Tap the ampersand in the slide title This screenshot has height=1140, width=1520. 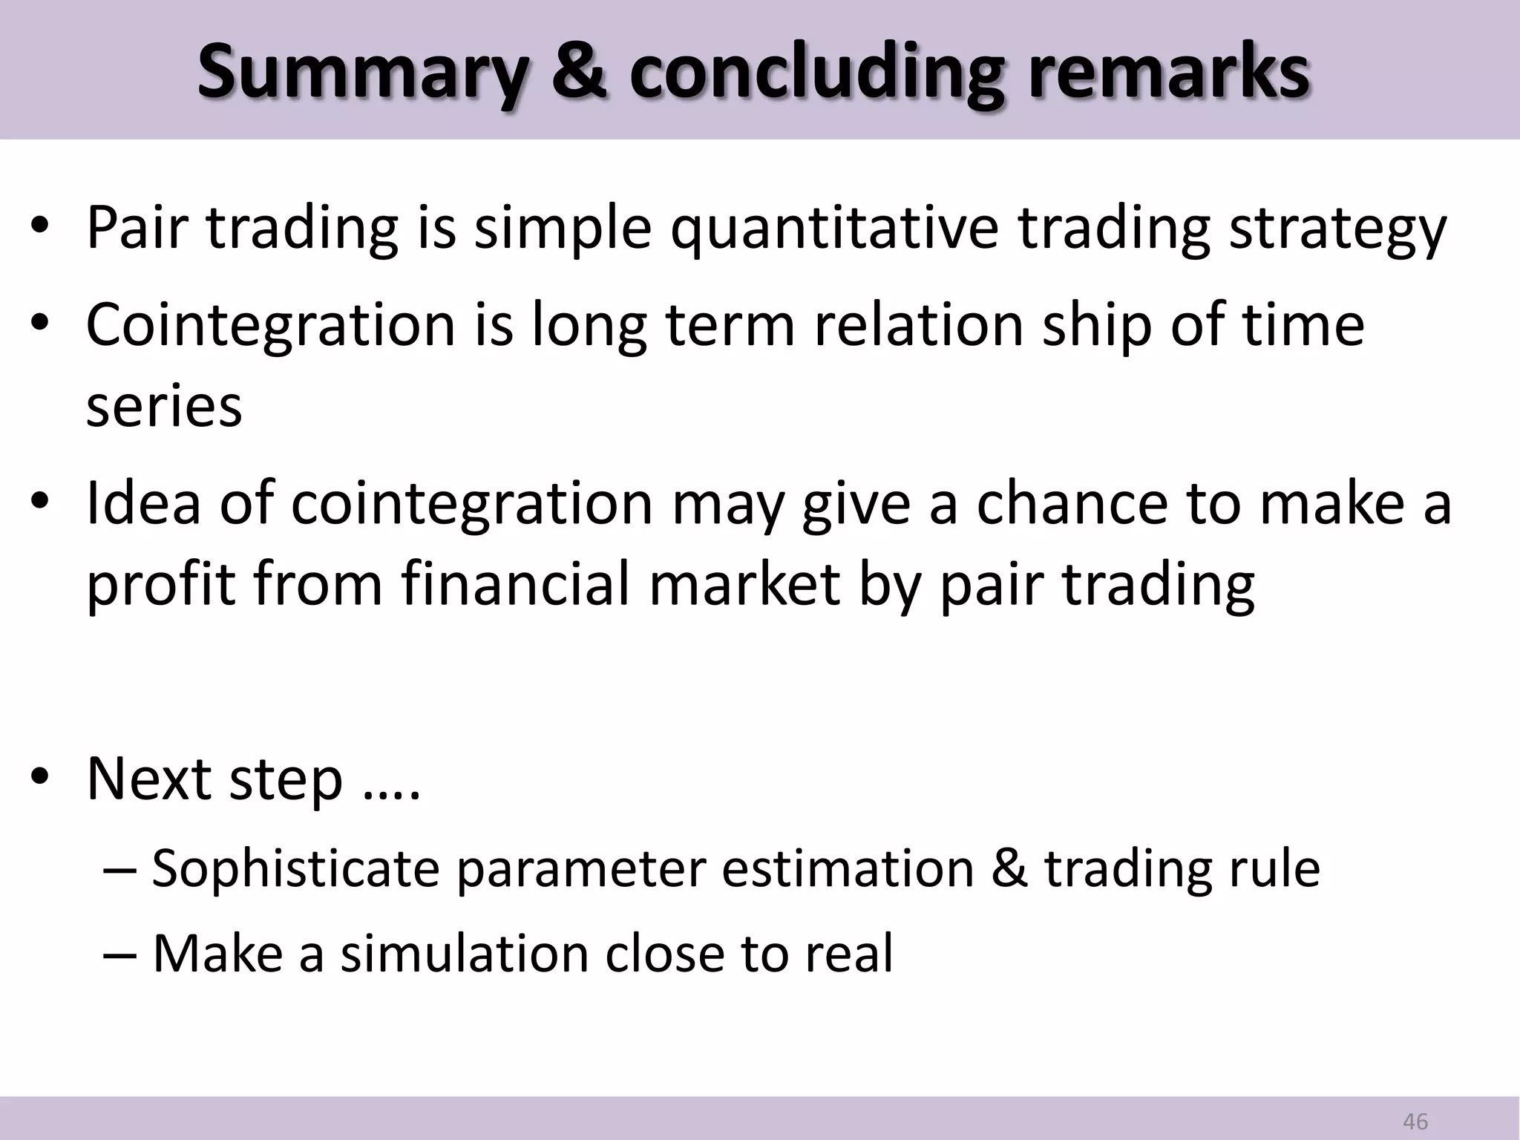click(x=578, y=72)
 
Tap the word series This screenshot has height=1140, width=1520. click(x=164, y=406)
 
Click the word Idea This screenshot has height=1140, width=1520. click(x=143, y=503)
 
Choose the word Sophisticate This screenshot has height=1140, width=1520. click(x=295, y=868)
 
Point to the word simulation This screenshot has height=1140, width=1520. click(x=464, y=953)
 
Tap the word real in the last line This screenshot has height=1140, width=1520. click(x=849, y=953)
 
